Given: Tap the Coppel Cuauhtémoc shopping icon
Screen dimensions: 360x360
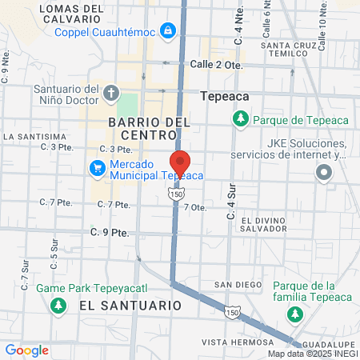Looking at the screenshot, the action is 168,31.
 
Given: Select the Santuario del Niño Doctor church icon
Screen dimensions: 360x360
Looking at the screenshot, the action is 110,93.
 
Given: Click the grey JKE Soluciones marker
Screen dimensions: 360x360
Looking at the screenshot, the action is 324,172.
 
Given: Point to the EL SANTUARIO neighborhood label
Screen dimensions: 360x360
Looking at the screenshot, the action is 130,305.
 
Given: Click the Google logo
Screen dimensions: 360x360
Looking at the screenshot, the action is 27,350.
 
